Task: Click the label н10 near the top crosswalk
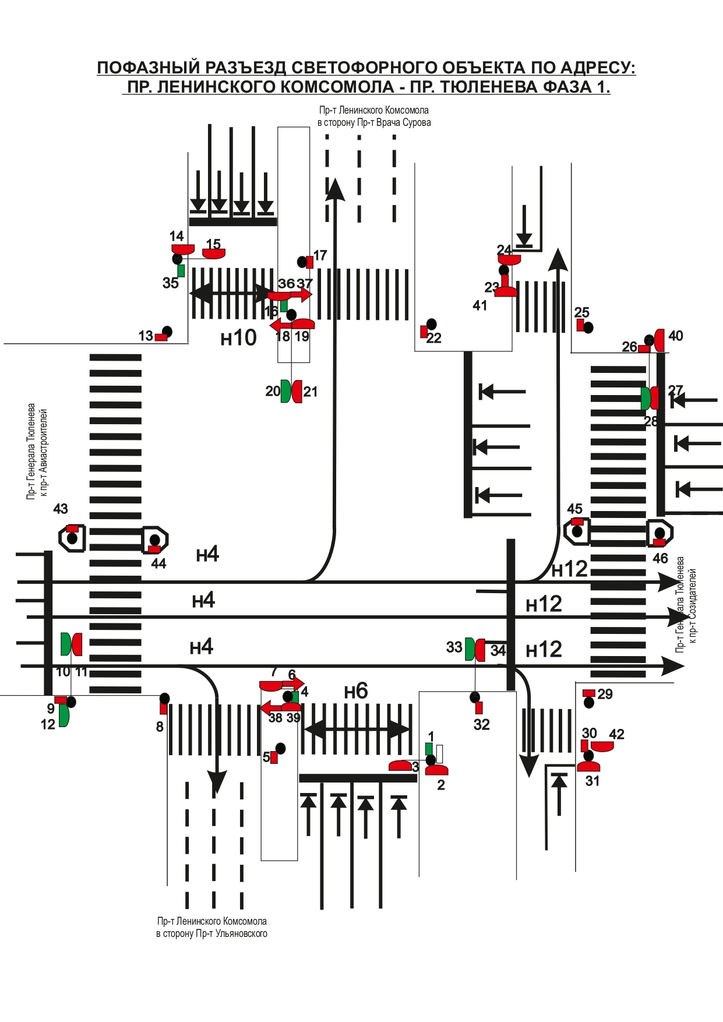pos(238,337)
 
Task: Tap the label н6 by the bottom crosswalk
pos(356,691)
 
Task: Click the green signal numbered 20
pos(285,391)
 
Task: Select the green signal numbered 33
pos(470,649)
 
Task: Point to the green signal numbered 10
pos(66,644)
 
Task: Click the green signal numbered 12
pos(64,716)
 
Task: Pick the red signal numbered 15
pos(214,253)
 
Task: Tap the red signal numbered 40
pos(660,340)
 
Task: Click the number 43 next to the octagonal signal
pos(61,509)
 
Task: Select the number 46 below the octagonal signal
pos(660,558)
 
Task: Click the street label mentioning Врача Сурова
pos(374,122)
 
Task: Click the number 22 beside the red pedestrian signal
pos(434,338)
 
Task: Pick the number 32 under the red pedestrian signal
pos(482,724)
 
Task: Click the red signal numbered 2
pos(436,770)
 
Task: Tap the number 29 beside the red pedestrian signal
pos(605,694)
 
